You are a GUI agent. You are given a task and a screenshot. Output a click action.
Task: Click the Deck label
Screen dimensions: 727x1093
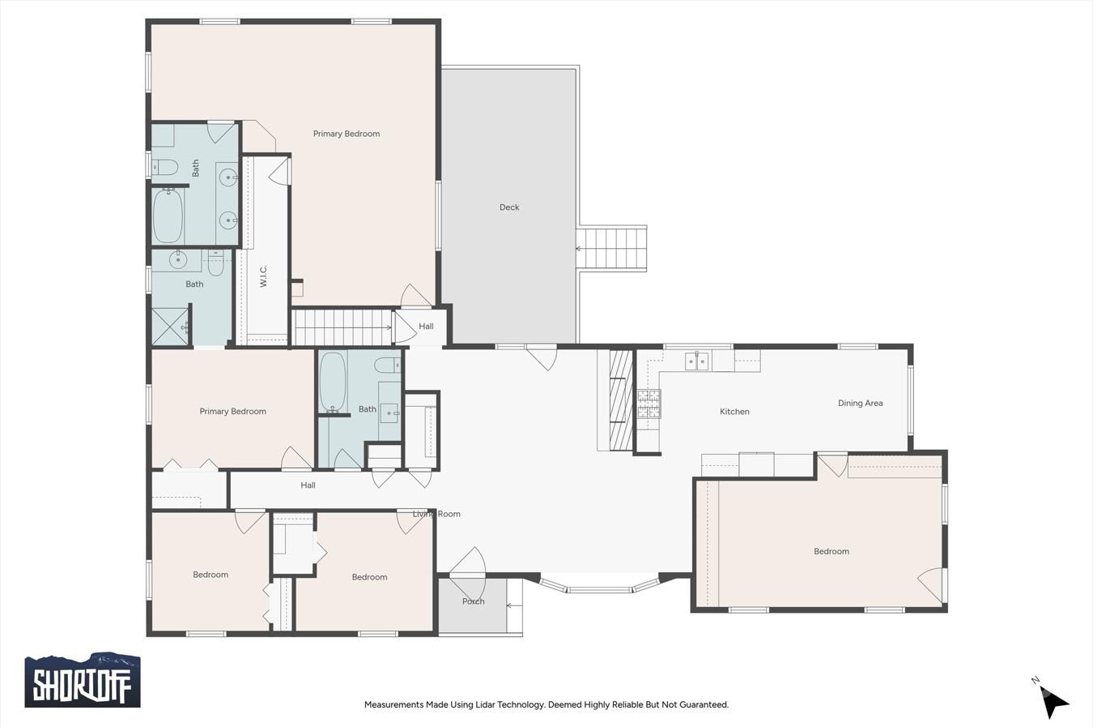coord(509,207)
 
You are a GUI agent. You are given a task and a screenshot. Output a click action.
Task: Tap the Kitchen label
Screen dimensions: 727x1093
coord(734,412)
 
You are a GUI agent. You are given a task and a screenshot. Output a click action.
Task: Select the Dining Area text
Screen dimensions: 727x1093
coord(860,403)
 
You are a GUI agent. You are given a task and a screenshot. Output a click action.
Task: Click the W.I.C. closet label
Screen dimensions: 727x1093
coord(264,276)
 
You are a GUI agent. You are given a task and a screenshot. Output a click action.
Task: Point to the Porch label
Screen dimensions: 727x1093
coord(473,601)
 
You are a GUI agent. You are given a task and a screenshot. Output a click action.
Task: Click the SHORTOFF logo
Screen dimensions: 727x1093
coord(82,681)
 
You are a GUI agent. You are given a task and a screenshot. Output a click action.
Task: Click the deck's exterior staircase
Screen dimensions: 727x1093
coord(613,249)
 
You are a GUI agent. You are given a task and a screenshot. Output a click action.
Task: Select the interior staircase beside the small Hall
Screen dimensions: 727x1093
coord(342,327)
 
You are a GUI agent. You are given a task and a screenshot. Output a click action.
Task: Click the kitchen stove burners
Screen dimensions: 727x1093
coord(649,404)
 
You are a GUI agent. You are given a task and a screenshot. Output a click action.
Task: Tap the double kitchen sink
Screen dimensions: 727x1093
coord(696,361)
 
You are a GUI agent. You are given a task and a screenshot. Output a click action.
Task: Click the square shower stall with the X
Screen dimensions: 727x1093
coord(169,327)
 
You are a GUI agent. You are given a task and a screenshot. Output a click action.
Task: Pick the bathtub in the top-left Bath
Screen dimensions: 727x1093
coord(168,216)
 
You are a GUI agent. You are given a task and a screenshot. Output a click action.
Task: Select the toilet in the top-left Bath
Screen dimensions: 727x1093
coord(166,168)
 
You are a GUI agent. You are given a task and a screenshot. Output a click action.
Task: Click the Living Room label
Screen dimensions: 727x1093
coord(436,514)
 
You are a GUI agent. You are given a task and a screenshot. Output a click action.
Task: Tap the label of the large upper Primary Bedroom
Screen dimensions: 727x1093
coord(347,134)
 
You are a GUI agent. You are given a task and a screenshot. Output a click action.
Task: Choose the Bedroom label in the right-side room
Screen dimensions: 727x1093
coord(831,551)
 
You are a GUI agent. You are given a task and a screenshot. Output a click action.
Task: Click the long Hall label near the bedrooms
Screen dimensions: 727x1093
coord(308,485)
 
